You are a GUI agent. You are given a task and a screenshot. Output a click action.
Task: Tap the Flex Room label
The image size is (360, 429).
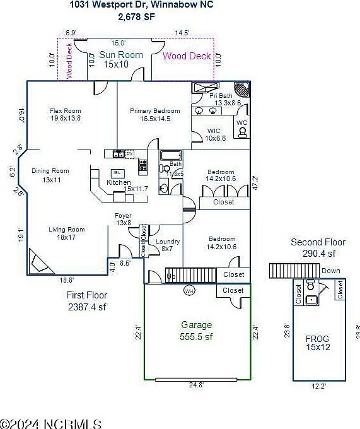click(x=66, y=110)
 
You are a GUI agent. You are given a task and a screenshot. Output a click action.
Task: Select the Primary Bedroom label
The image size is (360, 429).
click(x=154, y=110)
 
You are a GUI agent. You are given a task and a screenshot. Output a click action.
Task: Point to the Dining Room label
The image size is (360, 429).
click(x=50, y=171)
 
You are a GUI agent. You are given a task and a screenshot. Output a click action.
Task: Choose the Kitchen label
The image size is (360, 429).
click(x=119, y=182)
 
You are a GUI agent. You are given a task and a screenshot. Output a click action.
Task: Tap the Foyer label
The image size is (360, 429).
click(x=122, y=216)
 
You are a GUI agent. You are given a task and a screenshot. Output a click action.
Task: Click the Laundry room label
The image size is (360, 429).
click(x=167, y=242)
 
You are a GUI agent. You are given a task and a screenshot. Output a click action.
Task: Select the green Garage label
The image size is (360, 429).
click(x=196, y=324)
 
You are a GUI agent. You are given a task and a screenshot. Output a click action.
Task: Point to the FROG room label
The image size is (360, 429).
click(x=317, y=339)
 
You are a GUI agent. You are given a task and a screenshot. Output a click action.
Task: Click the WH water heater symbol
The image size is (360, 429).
click(x=189, y=291)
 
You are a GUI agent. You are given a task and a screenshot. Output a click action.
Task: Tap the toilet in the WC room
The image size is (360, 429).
click(x=241, y=132)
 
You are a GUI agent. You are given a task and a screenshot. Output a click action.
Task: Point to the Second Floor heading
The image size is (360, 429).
click(x=318, y=242)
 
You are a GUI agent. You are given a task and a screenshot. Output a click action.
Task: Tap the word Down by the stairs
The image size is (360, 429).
click(x=330, y=271)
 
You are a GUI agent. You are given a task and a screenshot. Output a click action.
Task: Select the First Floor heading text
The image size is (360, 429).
click(x=86, y=295)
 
